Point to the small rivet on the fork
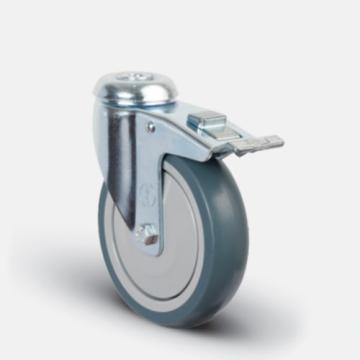[x=152, y=127]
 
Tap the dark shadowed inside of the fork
[x=118, y=150]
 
